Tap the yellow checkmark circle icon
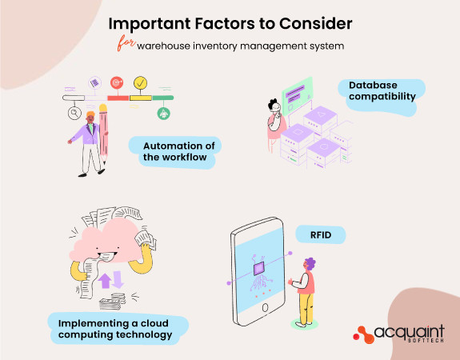pos(140,82)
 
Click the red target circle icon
pos(117,83)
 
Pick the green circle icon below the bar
pos(163,114)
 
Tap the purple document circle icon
pos(94,83)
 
